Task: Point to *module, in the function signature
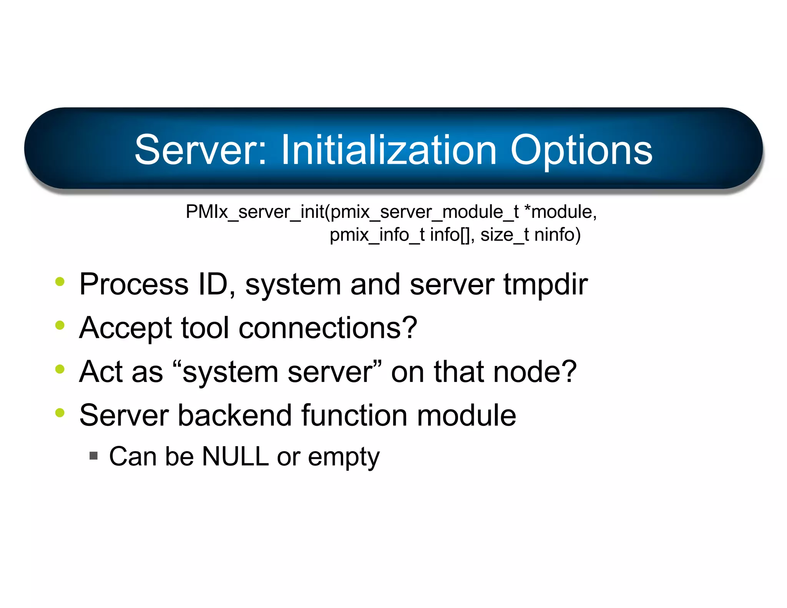point(560,212)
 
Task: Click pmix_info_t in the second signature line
point(377,234)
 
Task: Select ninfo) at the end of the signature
point(557,234)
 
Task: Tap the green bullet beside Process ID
point(60,281)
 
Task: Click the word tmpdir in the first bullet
point(546,284)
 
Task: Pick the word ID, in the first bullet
point(217,284)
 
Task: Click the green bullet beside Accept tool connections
point(60,325)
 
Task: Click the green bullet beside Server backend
point(60,413)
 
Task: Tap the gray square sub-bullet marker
point(93,456)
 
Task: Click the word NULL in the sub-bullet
point(235,457)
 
